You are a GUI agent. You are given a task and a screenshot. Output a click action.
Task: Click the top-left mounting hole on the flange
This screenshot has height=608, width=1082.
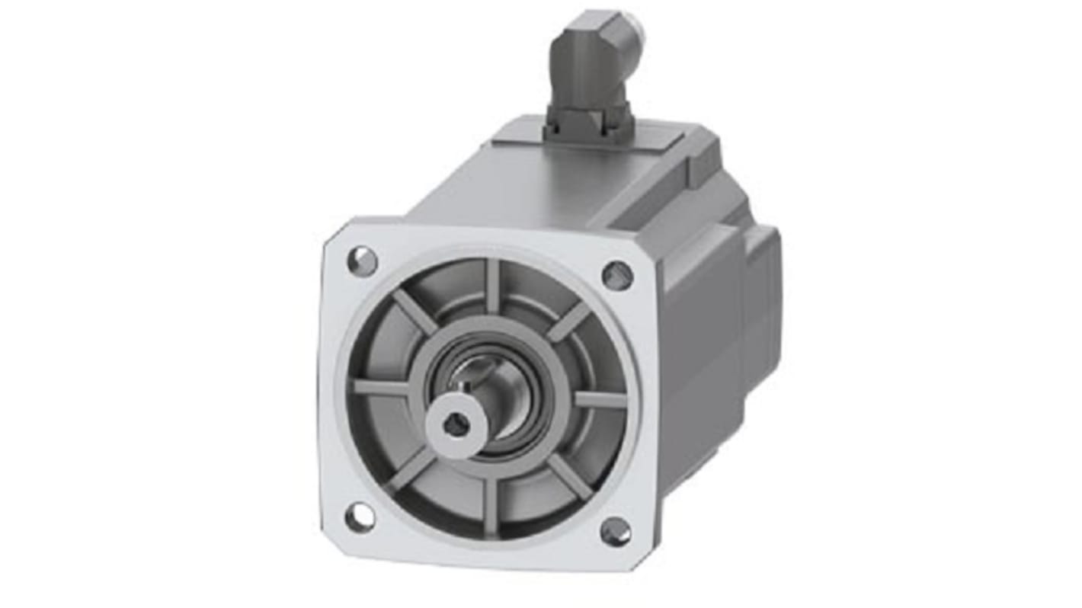pyautogui.click(x=362, y=261)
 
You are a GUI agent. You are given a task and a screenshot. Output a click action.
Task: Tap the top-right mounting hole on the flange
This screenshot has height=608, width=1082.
pyautogui.click(x=617, y=275)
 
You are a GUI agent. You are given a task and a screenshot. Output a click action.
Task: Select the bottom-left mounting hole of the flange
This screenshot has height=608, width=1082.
pyautogui.click(x=360, y=518)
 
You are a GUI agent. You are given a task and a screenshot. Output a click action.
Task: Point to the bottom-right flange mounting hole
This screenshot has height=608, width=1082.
pyautogui.click(x=615, y=531)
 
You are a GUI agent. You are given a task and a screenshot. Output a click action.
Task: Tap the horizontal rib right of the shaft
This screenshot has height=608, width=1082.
pyautogui.click(x=598, y=398)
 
